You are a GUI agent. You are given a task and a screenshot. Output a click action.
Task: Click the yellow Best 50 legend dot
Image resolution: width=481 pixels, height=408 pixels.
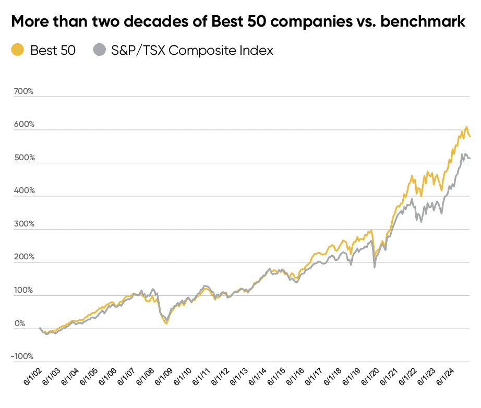click(18, 50)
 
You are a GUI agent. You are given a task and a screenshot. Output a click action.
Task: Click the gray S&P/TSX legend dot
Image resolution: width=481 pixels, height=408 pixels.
click(99, 50)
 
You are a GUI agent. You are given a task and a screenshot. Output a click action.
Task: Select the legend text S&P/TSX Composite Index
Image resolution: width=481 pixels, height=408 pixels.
click(191, 50)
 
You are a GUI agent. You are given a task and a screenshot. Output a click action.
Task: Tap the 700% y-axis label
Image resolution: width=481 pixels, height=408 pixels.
click(24, 92)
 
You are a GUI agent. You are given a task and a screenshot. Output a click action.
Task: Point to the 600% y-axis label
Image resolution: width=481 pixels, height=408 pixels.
click(24, 125)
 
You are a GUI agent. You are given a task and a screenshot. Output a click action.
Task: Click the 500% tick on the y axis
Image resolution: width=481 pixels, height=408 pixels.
click(24, 158)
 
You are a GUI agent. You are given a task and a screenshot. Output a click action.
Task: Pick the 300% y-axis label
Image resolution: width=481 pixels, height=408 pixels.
click(24, 224)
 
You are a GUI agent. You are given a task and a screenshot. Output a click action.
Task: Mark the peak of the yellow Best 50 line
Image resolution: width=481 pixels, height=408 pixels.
click(466, 127)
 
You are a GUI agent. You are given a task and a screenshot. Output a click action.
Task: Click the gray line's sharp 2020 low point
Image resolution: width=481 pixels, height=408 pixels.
click(375, 268)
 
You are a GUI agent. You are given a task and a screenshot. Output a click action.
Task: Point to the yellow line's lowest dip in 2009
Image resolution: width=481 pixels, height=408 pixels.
click(166, 324)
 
